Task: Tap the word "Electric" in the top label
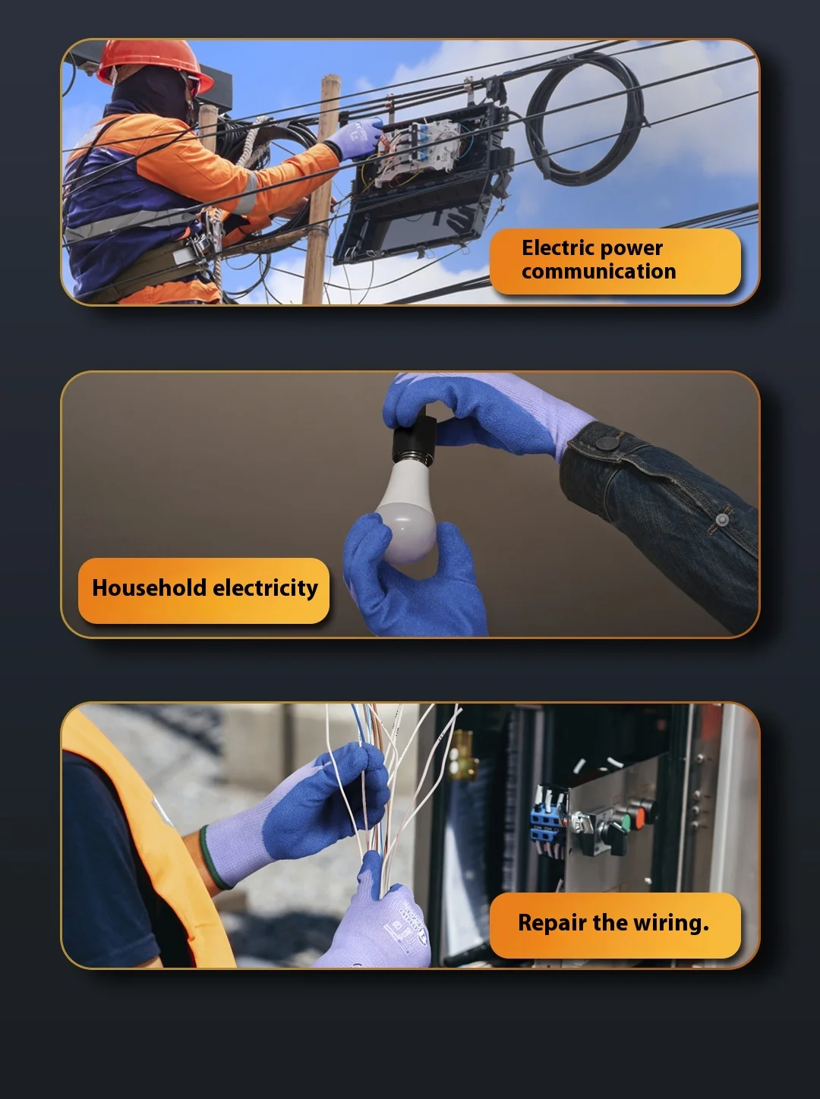point(557,247)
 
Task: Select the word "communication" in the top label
point(598,272)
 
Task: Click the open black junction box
point(425,190)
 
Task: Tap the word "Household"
point(149,588)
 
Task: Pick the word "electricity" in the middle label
point(265,588)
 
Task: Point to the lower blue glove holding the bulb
point(414,584)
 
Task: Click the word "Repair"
point(552,923)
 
